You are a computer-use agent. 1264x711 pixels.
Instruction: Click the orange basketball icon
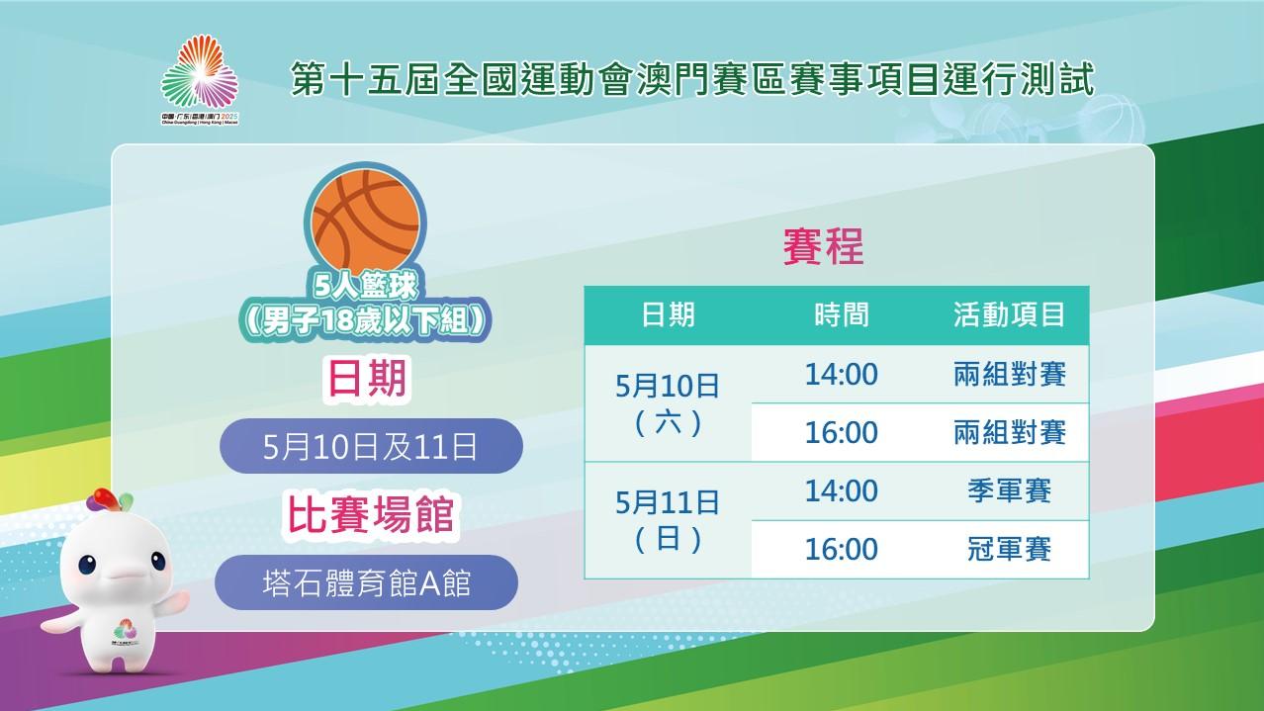coord(365,222)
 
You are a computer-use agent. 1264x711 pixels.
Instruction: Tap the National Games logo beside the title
coord(200,79)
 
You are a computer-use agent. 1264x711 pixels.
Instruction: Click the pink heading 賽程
coord(823,246)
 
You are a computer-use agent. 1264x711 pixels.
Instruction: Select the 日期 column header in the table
coord(669,314)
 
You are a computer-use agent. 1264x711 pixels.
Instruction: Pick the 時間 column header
coord(842,314)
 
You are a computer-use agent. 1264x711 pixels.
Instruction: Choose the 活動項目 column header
coord(1009,314)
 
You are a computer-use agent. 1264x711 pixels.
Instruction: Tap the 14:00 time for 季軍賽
coord(842,490)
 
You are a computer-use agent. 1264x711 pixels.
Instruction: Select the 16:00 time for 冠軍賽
coord(842,549)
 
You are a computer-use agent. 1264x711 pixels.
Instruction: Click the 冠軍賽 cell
coord(1010,549)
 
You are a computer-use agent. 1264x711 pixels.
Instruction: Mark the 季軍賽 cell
coord(1010,490)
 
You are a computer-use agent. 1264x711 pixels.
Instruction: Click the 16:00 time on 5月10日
coord(842,433)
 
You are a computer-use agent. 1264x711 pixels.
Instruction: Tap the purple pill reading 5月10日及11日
coord(371,446)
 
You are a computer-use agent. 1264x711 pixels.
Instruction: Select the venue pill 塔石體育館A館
coord(366,582)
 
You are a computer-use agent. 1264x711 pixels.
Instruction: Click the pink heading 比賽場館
coord(371,515)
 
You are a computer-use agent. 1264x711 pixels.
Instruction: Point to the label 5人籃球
coord(366,286)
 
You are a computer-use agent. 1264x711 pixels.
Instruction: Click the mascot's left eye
coord(87,565)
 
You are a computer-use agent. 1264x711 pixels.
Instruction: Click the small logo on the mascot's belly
coord(126,632)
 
